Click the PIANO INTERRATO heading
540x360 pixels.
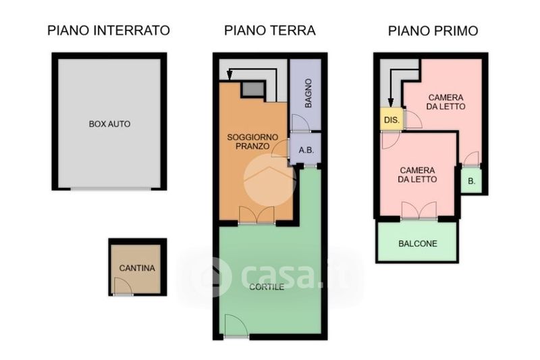pos(109,30)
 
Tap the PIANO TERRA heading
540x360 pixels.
pos(269,30)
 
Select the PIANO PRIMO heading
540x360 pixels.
pos(433,30)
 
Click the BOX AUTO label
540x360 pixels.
pos(109,124)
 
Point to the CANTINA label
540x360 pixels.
pos(137,268)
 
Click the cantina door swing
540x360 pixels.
pos(123,286)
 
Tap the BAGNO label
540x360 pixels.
pos(308,93)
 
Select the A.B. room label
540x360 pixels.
pos(306,151)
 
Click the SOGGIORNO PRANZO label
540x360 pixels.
pos(252,142)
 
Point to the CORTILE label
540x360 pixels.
pos(267,287)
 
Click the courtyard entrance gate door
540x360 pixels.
pos(236,325)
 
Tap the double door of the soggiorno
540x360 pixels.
pos(256,215)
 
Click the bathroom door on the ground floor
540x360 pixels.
pos(300,123)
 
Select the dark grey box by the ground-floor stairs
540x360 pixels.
pos(252,89)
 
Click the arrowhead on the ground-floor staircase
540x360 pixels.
pos(230,74)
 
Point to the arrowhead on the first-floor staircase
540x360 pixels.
pos(391,102)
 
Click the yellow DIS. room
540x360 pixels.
pos(391,119)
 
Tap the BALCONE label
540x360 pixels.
pos(418,244)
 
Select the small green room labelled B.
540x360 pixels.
pos(471,180)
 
